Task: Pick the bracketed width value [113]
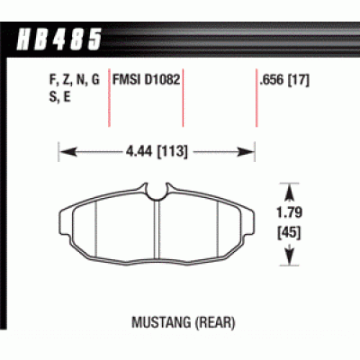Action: [x=175, y=152]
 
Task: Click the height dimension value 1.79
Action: [x=289, y=215]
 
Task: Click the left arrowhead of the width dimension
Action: [x=64, y=152]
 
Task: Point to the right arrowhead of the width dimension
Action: [x=251, y=152]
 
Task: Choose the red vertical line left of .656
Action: [x=256, y=99]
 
